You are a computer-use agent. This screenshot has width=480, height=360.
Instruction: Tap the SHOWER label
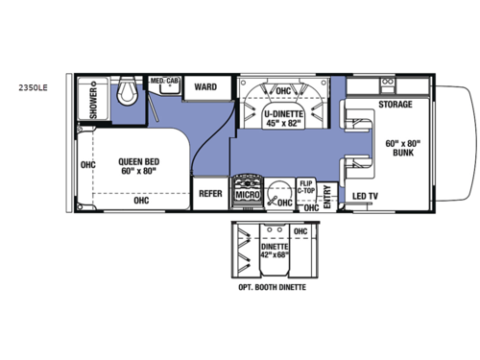coord(94,101)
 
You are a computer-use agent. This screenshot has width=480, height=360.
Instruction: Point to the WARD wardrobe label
coord(204,87)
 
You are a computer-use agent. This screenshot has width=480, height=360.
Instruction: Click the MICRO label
coord(248,196)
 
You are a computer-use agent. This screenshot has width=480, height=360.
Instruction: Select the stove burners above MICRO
coord(248,181)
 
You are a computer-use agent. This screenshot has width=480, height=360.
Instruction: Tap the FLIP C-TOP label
coord(307,187)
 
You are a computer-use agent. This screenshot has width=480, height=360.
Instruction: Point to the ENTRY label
coord(327,195)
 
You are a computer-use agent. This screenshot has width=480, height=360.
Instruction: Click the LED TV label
coord(364,196)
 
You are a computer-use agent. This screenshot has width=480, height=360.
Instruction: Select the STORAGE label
coord(395,104)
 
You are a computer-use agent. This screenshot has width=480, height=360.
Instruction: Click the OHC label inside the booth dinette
coord(300,231)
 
